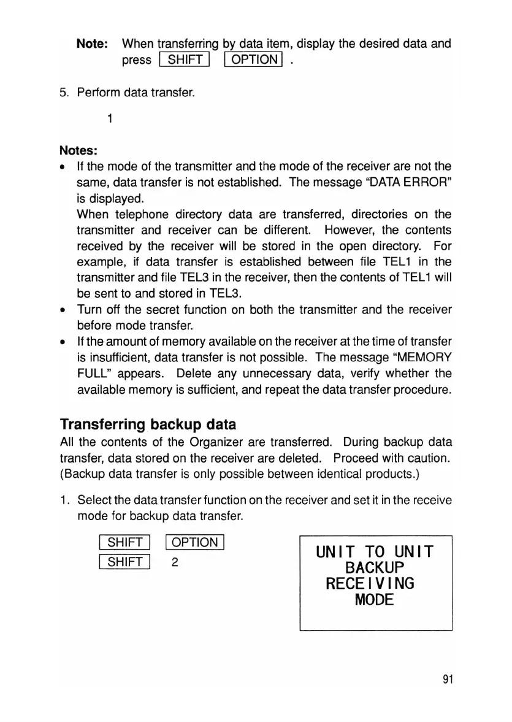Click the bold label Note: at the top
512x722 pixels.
92,44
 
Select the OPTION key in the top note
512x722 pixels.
253,60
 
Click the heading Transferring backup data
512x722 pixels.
148,424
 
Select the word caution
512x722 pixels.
428,456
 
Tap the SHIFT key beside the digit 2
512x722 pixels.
124,562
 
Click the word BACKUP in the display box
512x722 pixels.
375,566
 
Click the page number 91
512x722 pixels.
446,680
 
